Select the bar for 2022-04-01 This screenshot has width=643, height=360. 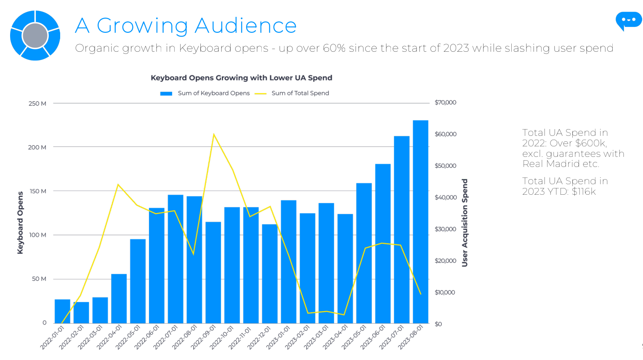click(119, 298)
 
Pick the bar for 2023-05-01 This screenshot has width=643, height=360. click(364, 253)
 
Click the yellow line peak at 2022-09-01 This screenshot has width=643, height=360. click(214, 134)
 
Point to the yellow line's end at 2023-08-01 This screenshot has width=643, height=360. click(420, 294)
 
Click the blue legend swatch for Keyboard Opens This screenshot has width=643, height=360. click(166, 93)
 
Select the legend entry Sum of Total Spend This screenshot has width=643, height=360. click(300, 93)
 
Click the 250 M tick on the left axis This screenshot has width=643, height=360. click(37, 103)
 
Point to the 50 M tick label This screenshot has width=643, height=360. click(39, 279)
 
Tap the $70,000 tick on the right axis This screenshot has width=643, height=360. click(445, 102)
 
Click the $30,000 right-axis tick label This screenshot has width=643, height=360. click(445, 229)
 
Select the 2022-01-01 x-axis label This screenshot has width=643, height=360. click(53, 337)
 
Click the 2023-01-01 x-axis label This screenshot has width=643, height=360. click(278, 337)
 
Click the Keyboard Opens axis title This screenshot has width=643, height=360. click(20, 222)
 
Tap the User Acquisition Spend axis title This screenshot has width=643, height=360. click(465, 222)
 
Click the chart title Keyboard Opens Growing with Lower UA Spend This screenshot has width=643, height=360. click(242, 78)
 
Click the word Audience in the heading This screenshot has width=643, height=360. click(246, 26)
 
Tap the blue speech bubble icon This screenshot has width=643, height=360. click(628, 20)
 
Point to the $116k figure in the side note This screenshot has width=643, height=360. click(584, 192)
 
